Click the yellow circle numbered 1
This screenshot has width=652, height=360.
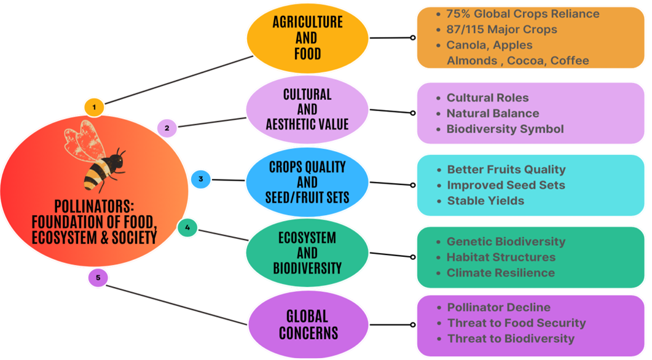pos(94,108)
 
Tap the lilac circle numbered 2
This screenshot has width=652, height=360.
pos(167,128)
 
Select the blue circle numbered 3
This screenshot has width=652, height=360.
pos(201,179)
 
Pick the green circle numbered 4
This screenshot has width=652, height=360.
pos(187,227)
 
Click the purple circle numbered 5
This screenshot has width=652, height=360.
pos(98,278)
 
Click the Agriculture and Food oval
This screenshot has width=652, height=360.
pos(308,38)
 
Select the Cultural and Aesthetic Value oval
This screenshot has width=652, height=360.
pos(307,110)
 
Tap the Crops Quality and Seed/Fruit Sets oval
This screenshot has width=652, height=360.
pos(307,182)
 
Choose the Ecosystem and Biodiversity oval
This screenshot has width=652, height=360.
pos(307,252)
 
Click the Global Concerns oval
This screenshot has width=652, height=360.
pos(308,324)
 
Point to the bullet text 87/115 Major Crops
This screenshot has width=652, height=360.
pos(501,29)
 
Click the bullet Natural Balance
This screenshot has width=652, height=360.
pos(493,113)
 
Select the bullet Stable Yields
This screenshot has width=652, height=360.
pos(485,201)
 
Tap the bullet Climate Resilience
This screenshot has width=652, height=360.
pos(501,273)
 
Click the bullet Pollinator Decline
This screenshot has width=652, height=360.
pos(498,307)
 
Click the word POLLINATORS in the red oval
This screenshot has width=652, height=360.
pos(93,206)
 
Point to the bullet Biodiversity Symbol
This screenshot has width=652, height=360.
pos(505,129)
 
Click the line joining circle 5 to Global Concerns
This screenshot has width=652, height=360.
pos(177,305)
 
